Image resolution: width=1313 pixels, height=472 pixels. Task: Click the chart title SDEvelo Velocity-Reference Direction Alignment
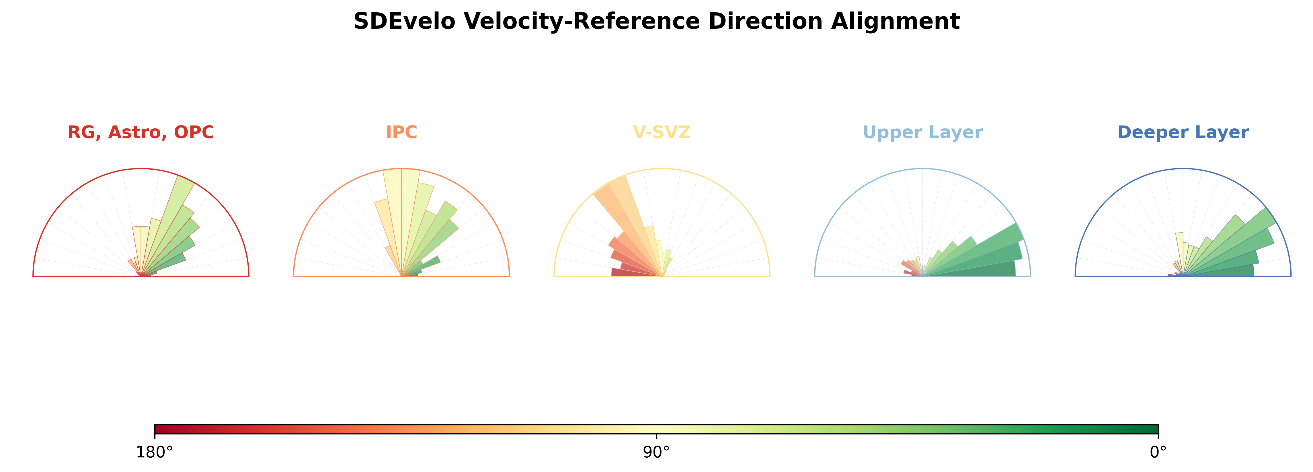pos(657,22)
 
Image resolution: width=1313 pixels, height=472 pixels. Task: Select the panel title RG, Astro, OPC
pos(141,132)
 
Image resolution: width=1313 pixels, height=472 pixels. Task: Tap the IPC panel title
pos(401,132)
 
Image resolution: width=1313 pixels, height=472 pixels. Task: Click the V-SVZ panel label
pos(662,132)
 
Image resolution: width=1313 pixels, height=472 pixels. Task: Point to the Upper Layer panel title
pos(922,132)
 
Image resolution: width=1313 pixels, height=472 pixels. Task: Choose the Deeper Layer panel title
pos(1183,132)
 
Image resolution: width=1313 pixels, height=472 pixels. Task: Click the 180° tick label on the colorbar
pos(155,452)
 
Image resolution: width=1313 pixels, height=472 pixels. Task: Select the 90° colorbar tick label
pos(657,452)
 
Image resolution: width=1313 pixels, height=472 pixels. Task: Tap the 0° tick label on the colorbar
pos(1158,452)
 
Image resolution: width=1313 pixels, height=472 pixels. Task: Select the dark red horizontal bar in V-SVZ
pos(636,272)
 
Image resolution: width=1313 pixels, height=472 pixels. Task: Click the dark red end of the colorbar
pos(156,429)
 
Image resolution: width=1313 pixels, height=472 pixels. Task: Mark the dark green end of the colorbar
pos(1156,429)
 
